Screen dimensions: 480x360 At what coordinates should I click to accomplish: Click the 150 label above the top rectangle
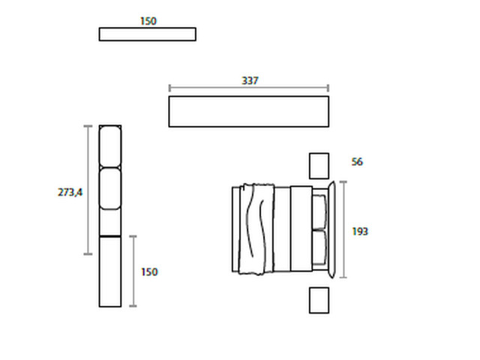click(x=148, y=21)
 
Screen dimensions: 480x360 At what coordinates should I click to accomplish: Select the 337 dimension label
click(x=250, y=80)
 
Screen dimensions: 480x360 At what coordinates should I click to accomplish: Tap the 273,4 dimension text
click(x=70, y=192)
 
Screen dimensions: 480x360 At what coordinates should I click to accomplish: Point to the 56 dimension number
click(x=357, y=162)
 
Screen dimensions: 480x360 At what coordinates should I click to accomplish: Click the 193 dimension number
click(x=360, y=232)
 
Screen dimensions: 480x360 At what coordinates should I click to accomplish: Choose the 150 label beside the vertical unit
click(x=149, y=271)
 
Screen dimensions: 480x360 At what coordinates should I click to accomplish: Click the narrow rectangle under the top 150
click(x=148, y=34)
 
